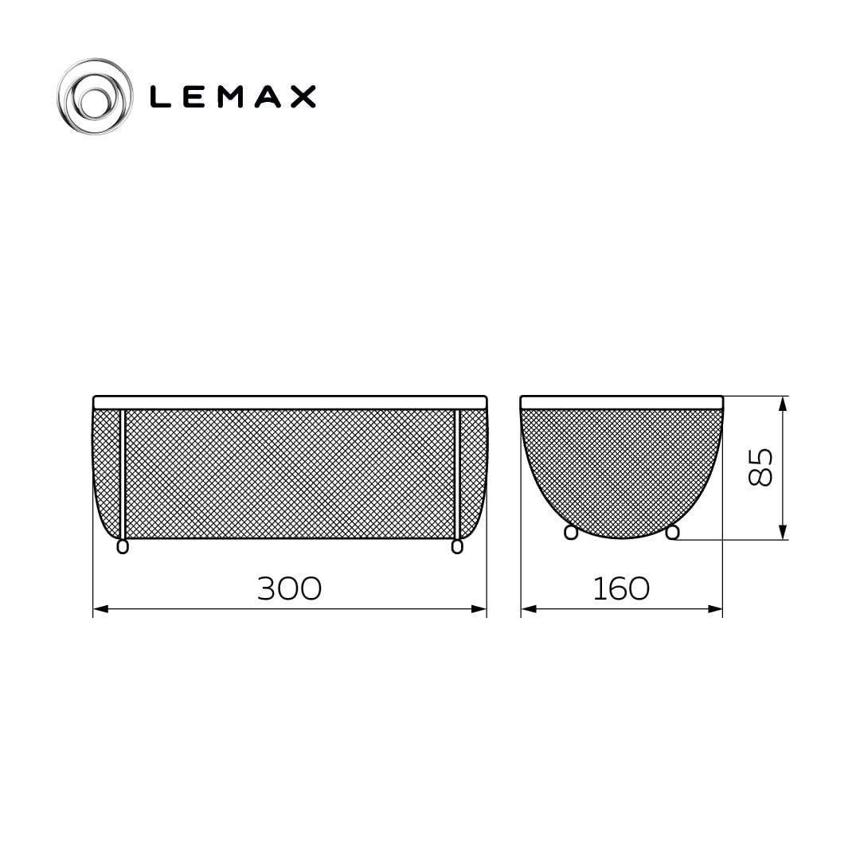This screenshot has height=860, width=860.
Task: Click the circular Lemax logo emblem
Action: click(x=95, y=96)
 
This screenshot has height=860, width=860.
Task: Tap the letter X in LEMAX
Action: click(x=303, y=96)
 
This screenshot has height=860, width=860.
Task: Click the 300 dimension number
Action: click(x=290, y=588)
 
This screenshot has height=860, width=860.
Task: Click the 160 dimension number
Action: click(x=621, y=588)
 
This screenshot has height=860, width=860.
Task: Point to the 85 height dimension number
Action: click(x=760, y=467)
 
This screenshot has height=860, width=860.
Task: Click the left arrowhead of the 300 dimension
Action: click(x=100, y=609)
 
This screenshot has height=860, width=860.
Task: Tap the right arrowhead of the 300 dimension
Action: click(x=479, y=609)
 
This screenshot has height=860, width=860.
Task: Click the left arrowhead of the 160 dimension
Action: click(x=529, y=609)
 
